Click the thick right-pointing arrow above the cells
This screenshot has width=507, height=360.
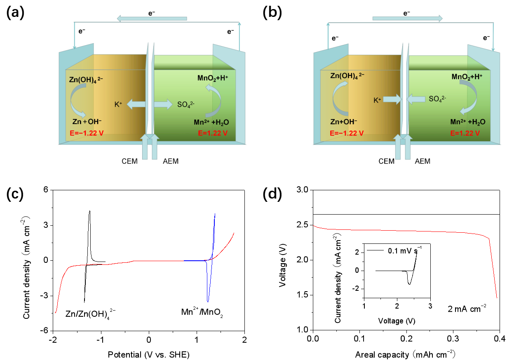[x=407, y=18]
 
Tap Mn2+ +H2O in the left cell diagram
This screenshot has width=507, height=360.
[x=211, y=122]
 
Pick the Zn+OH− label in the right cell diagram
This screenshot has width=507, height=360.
[x=344, y=122]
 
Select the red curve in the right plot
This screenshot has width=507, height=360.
[x=404, y=231]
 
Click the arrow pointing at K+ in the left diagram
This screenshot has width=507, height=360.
[x=136, y=105]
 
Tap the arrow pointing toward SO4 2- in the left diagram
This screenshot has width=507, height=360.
[x=164, y=105]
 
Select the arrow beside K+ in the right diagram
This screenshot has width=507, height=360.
[x=392, y=99]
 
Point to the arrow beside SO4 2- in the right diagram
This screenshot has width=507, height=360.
[x=416, y=99]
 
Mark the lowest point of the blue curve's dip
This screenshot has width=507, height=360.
[x=208, y=302]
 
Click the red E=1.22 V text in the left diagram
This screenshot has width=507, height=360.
[x=213, y=133]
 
